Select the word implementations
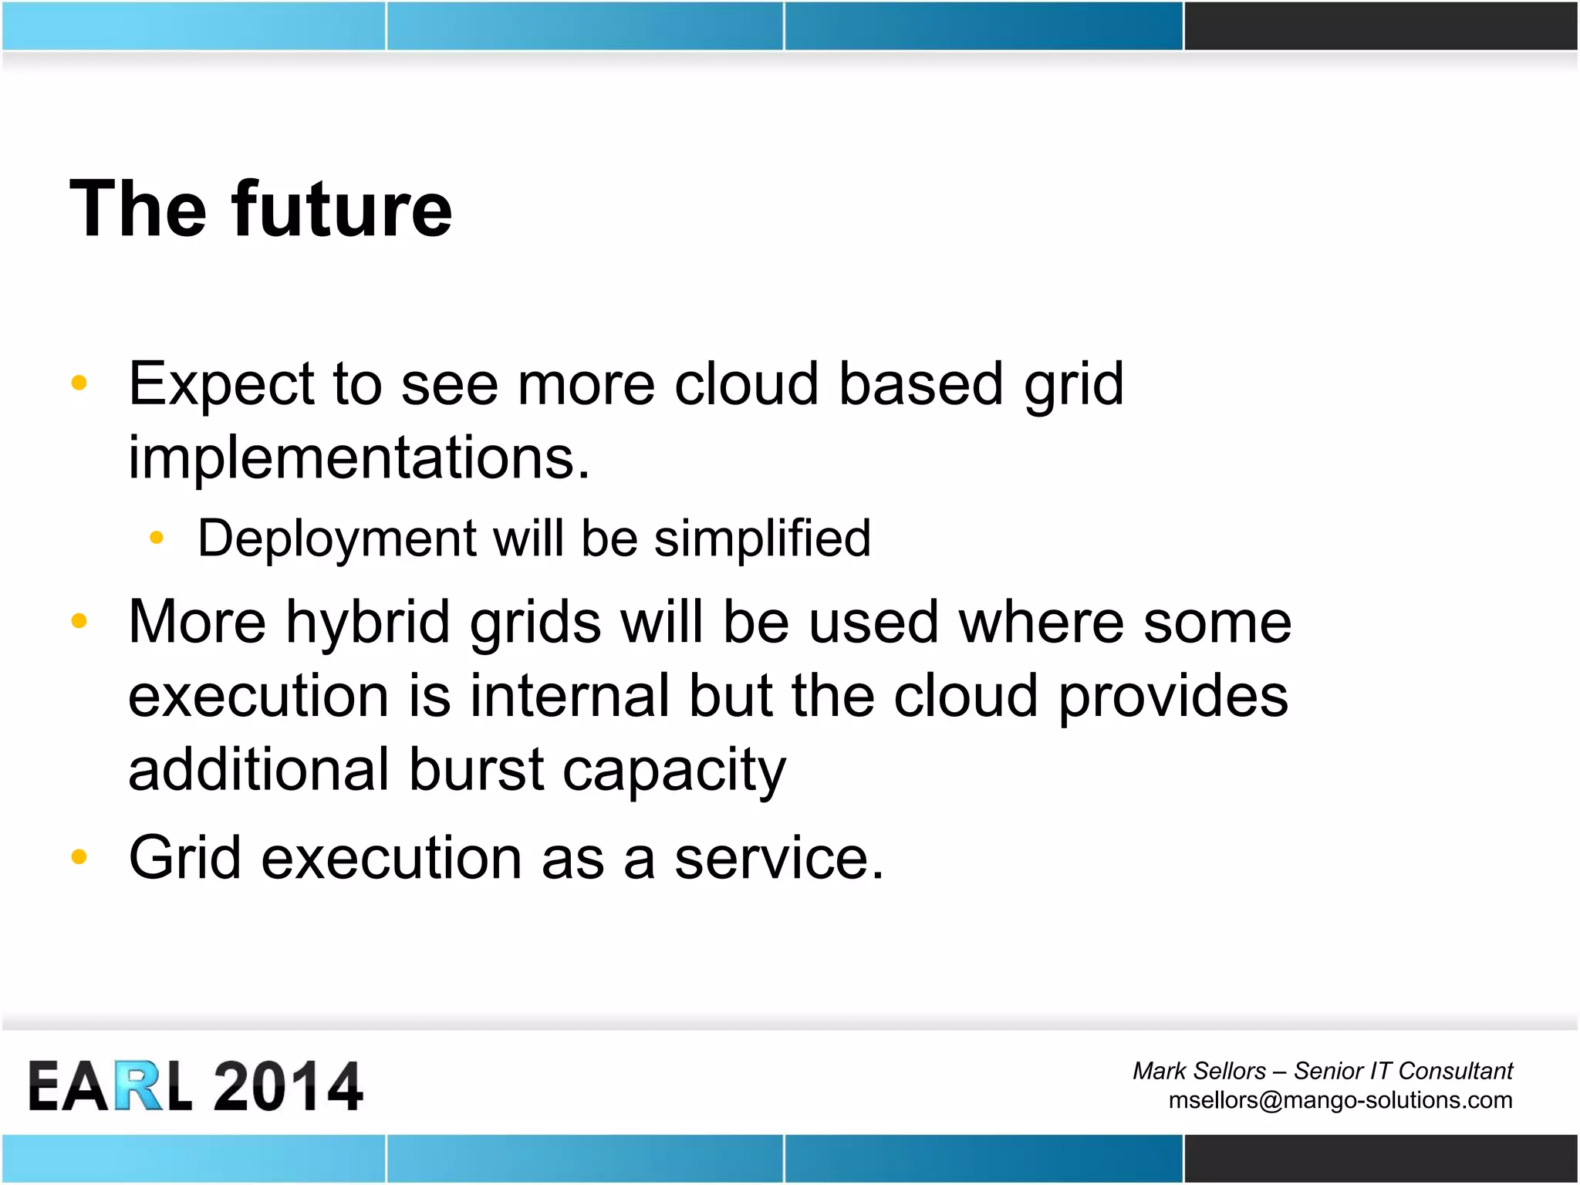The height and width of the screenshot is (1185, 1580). coord(359,457)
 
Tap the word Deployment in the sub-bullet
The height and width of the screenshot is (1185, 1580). coord(337,538)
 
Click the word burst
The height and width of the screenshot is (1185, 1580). coord(476,769)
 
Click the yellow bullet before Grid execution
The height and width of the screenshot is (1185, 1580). coord(79,856)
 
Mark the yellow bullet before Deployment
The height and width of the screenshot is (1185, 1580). coord(157,538)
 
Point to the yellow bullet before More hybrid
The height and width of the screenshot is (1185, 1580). coord(79,620)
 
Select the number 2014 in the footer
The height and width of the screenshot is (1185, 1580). coord(287,1086)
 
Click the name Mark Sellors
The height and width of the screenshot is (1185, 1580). coord(1199,1071)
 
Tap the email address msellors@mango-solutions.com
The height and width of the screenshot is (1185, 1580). coord(1340,1100)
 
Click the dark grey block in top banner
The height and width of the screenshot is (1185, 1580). coord(1380,25)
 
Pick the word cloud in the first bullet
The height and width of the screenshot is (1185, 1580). coord(746,384)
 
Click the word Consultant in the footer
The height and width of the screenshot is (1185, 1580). coord(1455,1071)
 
